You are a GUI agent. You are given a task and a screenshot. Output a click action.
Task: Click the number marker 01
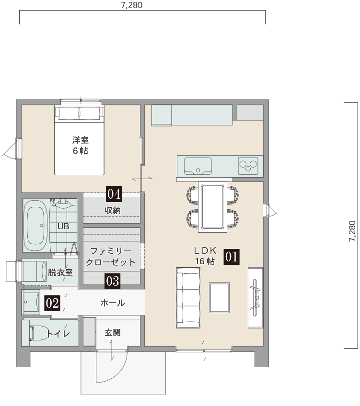232,257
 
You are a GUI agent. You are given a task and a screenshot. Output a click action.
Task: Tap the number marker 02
53,303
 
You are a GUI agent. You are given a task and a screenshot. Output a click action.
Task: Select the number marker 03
113,281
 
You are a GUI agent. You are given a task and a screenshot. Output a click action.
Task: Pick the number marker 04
114,194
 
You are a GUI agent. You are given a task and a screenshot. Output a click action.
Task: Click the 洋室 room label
81,140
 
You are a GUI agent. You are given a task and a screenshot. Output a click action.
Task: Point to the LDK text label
205,250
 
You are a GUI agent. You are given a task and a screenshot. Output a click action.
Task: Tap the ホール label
113,303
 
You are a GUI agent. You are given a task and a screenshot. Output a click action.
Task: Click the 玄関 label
113,333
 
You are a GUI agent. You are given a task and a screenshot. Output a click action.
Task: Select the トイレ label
58,334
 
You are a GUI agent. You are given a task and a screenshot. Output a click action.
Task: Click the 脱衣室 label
60,272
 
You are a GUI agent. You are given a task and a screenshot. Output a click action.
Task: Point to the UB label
63,226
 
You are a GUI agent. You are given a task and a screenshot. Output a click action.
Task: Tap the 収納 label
113,211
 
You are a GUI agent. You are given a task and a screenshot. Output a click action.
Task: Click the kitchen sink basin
198,166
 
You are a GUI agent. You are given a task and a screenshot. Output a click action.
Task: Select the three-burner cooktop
248,166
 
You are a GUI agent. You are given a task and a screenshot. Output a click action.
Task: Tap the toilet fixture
38,333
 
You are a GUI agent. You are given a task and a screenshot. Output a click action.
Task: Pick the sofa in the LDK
188,298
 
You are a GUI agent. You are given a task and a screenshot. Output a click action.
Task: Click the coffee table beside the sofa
219,298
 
